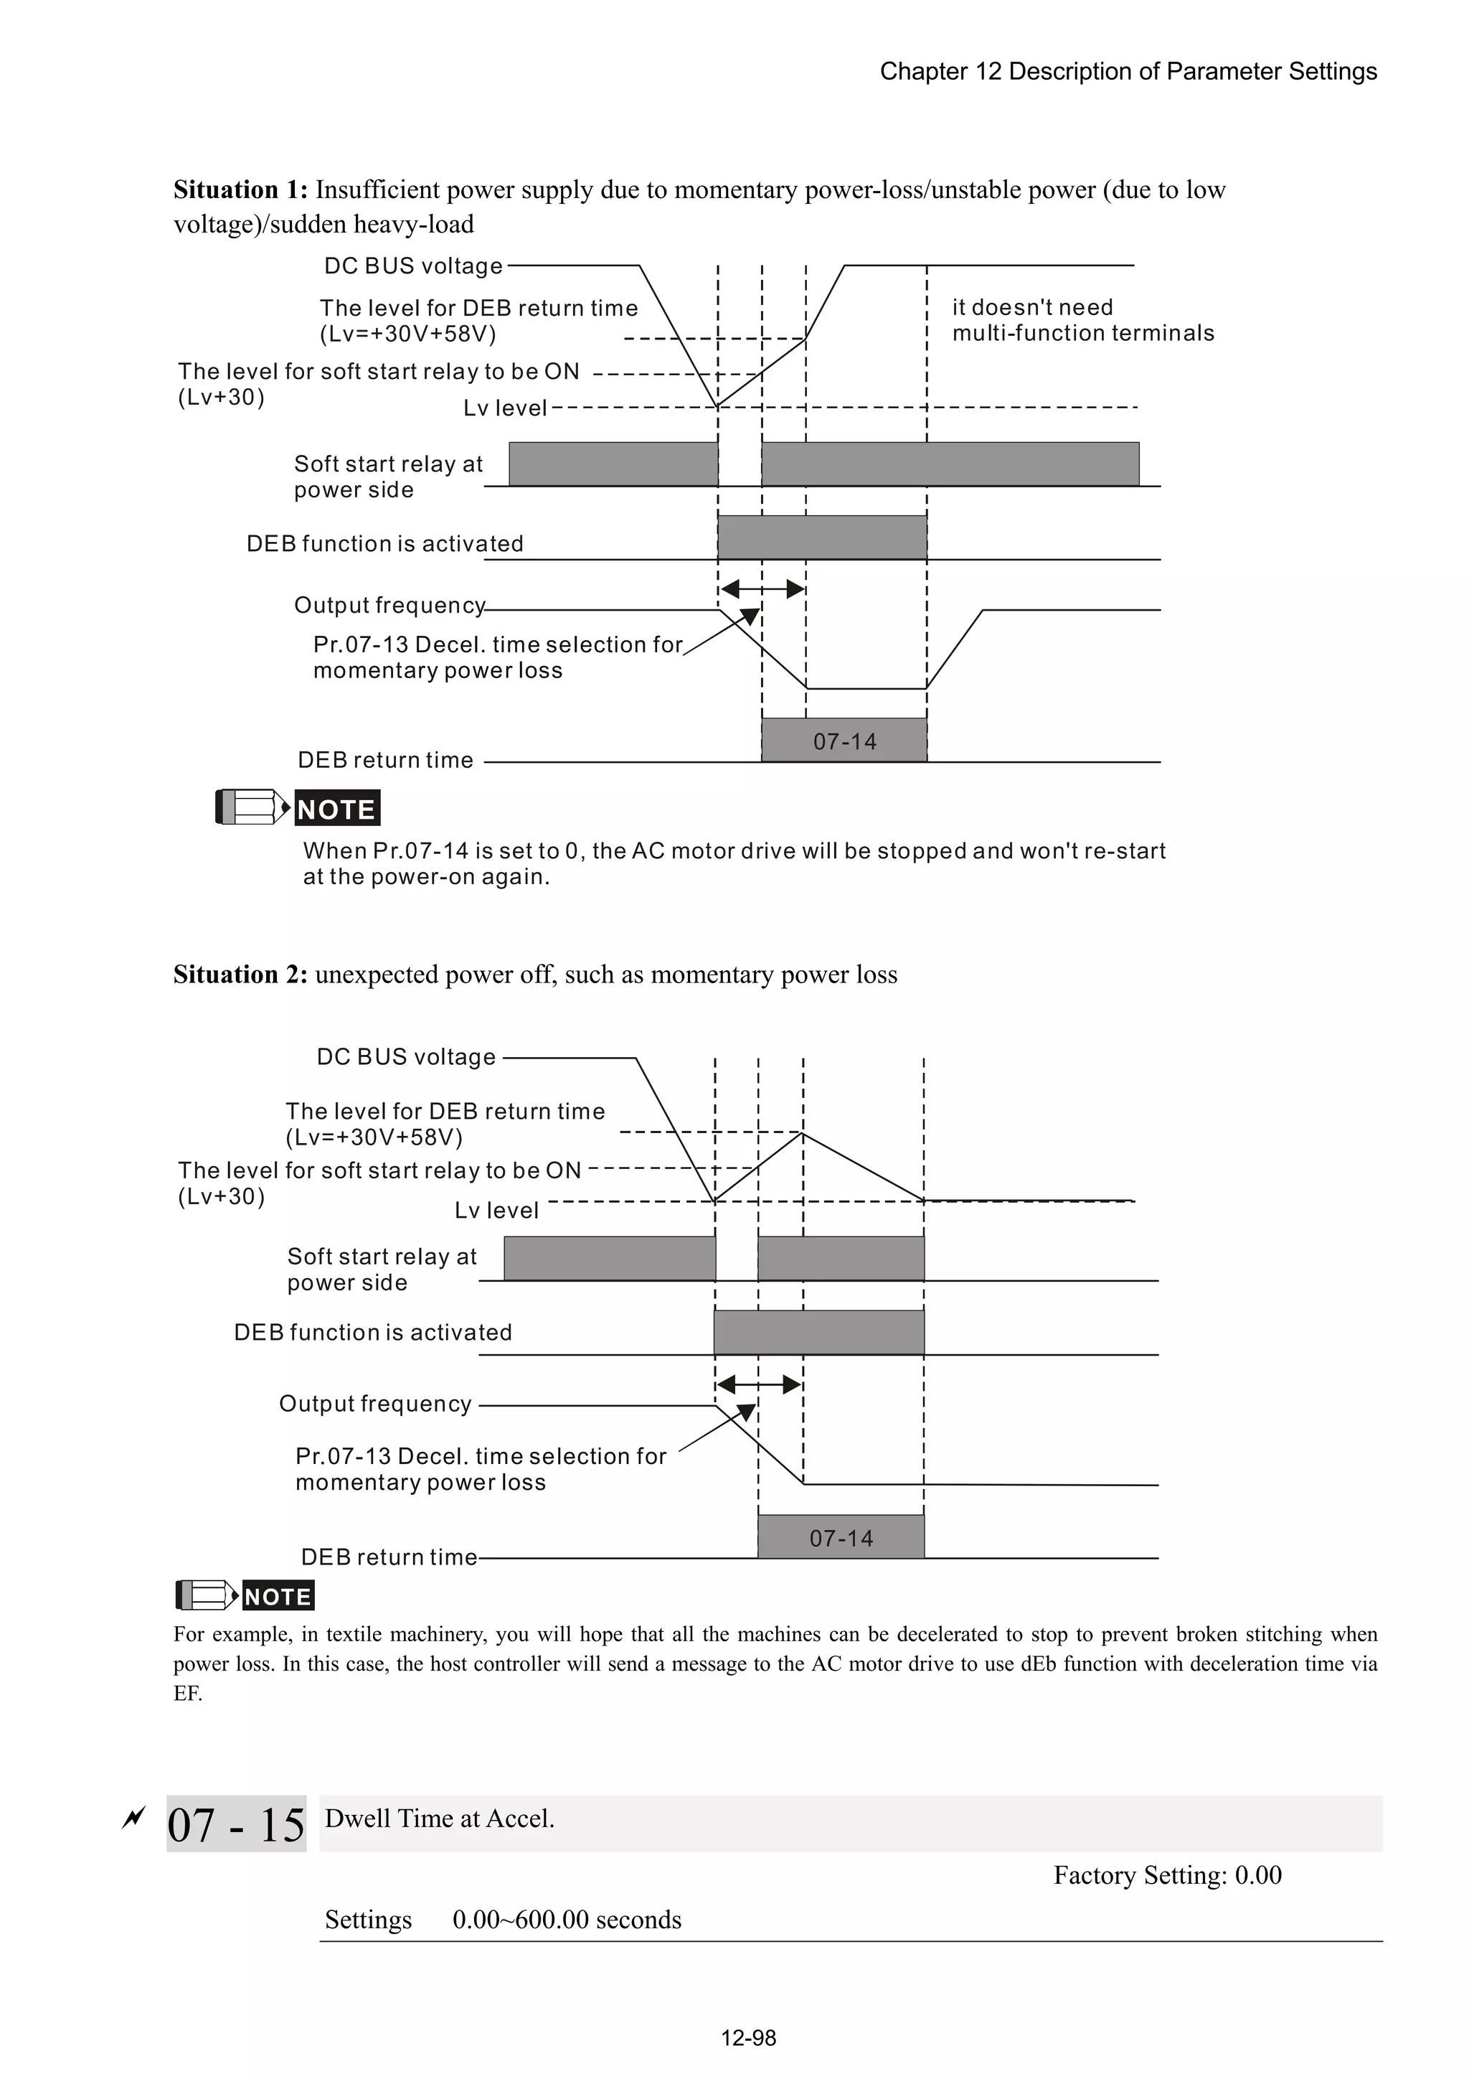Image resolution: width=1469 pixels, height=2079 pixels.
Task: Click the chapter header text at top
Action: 1128,72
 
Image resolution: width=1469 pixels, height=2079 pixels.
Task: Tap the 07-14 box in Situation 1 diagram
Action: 844,741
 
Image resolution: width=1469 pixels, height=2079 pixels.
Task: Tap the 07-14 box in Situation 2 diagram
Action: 841,1537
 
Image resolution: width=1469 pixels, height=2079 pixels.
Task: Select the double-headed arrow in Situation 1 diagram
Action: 763,589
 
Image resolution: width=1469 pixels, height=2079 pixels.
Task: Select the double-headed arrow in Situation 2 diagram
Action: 760,1384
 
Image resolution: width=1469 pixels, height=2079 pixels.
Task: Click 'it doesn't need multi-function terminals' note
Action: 1082,321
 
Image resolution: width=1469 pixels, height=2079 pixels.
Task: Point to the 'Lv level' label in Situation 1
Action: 505,408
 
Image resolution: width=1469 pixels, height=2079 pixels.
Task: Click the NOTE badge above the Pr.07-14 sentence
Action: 336,809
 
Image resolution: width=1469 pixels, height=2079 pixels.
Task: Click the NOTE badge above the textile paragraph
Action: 278,1596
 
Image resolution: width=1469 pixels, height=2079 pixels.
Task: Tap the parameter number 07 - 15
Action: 236,1824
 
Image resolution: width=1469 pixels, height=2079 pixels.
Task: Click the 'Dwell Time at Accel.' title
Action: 440,1818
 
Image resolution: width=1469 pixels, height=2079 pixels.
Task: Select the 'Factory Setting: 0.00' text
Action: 1167,1874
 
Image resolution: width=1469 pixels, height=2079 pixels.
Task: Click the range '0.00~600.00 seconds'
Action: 567,1920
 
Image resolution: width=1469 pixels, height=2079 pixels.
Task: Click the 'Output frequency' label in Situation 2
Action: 374,1404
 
